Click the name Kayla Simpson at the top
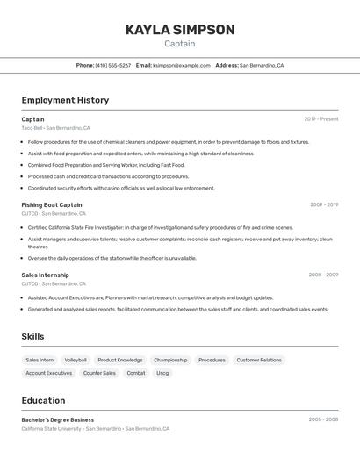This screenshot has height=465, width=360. click(180, 30)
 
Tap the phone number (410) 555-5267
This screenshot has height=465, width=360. click(113, 65)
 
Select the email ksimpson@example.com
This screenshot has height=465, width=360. click(182, 65)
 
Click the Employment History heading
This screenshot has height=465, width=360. click(65, 100)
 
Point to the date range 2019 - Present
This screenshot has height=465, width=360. click(321, 119)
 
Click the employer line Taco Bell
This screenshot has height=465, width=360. click(54, 128)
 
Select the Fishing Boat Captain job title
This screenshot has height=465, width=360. click(52, 204)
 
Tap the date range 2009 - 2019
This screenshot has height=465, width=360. click(324, 204)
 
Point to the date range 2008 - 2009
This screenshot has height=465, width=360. click(323, 275)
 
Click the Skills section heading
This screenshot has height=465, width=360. click(32, 337)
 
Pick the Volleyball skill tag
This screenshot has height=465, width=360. click(76, 360)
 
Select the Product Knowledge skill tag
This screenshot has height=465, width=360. click(120, 360)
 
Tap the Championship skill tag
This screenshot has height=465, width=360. click(170, 360)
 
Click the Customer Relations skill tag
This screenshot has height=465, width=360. click(259, 360)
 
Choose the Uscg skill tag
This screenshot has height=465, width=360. click(162, 373)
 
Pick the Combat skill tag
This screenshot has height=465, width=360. click(136, 373)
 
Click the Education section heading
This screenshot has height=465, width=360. click(43, 400)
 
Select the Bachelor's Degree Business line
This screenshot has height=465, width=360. click(58, 420)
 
